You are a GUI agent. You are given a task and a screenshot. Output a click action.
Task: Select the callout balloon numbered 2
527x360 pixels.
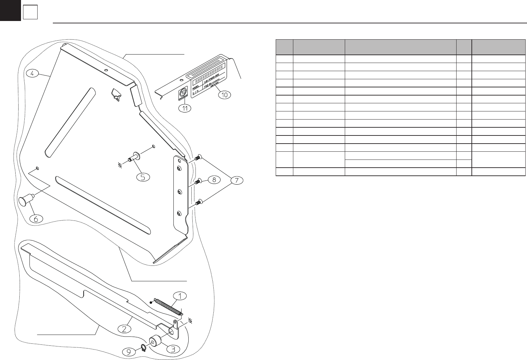click(124, 328)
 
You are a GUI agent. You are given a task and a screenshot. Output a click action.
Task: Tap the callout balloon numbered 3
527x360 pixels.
click(173, 349)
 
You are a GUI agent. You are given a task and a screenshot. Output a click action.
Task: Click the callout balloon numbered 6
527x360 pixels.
click(36, 219)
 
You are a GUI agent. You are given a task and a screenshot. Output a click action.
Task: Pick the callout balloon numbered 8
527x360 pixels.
click(214, 180)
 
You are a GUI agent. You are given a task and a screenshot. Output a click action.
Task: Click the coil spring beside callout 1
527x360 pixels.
click(167, 307)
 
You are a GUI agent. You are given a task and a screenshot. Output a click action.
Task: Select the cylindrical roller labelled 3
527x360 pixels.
click(155, 340)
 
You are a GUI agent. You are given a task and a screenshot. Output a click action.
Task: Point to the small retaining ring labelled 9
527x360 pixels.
click(144, 347)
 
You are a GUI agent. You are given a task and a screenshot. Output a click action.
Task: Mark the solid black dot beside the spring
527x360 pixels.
click(151, 302)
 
